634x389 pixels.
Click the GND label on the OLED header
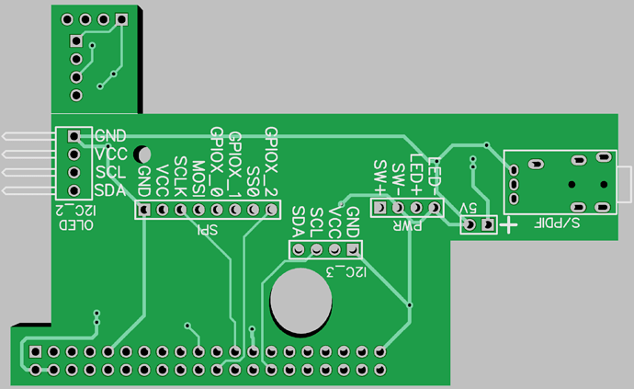(110, 135)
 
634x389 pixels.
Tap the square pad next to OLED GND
(74, 136)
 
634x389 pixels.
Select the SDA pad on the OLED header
(74, 190)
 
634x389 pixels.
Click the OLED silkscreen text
(76, 225)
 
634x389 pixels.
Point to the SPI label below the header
(208, 230)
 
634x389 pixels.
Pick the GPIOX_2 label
(271, 162)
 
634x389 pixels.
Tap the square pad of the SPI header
(144, 210)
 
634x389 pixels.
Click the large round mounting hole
(301, 301)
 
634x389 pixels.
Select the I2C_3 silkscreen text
(346, 272)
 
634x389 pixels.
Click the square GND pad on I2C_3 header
(353, 250)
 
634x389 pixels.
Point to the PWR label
(407, 225)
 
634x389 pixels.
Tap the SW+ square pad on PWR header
(379, 208)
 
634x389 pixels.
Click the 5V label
(469, 209)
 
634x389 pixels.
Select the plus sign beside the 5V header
(509, 224)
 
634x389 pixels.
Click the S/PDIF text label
(557, 223)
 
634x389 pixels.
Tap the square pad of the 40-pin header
(36, 352)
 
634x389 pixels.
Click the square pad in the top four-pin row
(121, 19)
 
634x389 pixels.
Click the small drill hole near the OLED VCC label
(142, 154)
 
